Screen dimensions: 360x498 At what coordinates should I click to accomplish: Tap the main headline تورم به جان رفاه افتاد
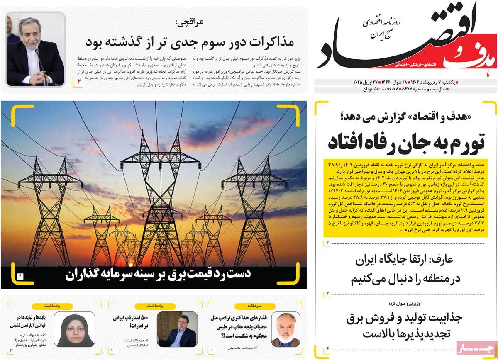pos(405,141)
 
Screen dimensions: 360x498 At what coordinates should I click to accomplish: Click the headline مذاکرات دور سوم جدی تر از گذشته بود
pos(190,42)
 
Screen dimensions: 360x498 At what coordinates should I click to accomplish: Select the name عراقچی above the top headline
pos(188,22)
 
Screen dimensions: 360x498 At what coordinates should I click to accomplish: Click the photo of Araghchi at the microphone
pos(36,49)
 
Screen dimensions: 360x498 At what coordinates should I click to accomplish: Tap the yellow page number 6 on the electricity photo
pos(20,275)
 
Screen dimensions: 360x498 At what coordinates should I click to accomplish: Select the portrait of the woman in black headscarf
pos(78,329)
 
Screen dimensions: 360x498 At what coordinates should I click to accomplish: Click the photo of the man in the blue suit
pos(178,329)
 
